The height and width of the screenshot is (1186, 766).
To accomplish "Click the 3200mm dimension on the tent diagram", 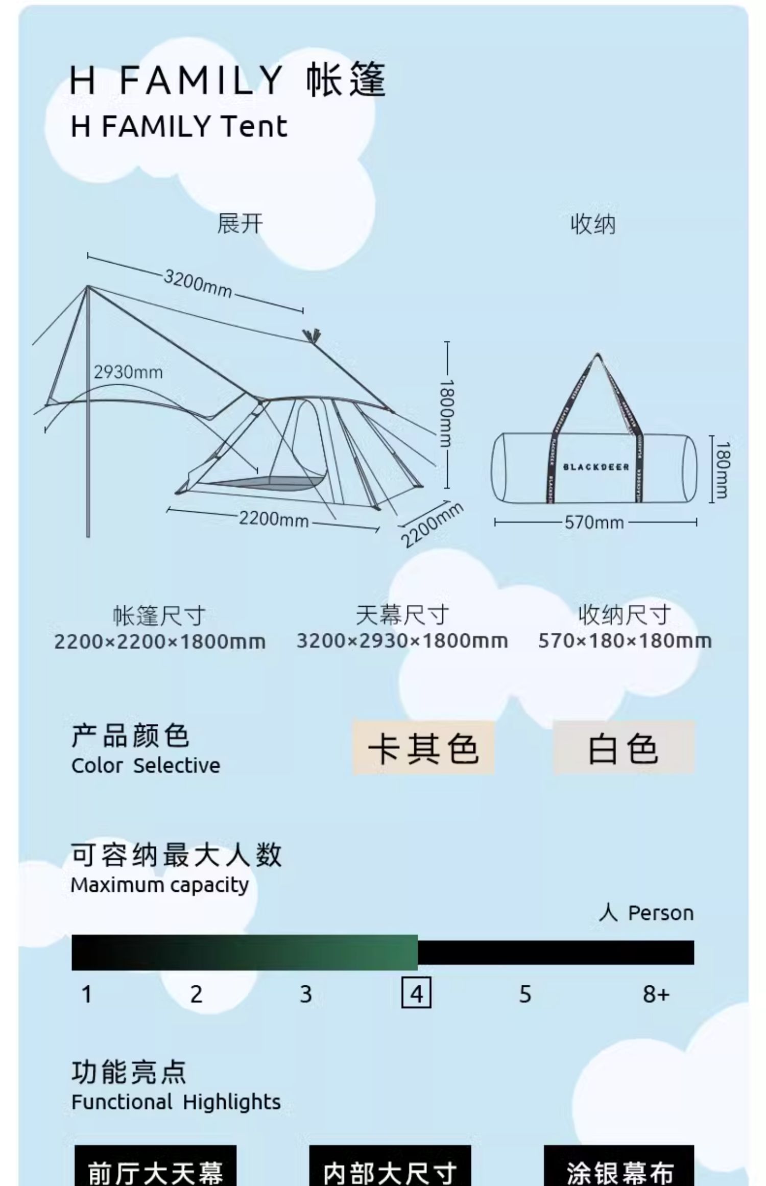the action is pos(198,283).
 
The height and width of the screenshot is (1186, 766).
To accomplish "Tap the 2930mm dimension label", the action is pos(128,372).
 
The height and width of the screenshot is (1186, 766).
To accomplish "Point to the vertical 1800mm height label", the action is pos(447,414).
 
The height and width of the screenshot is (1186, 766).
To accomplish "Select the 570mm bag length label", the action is pos(594,523).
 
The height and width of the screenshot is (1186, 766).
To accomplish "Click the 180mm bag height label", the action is pos(722,469).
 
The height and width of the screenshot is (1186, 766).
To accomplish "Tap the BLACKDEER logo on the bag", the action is pos(596,467).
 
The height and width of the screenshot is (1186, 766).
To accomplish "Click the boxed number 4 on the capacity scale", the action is pos(416,994).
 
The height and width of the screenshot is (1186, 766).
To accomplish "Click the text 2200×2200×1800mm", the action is pos(160,642).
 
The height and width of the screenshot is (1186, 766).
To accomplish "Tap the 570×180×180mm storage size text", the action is pos(625,641).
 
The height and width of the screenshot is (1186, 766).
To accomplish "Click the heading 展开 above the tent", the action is pos(240,224).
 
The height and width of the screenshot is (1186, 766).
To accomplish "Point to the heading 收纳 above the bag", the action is pos(593,224).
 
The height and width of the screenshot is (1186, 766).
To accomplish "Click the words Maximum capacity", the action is pos(160,885).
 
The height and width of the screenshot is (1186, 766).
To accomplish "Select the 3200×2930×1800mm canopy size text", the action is pos(402,641).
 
